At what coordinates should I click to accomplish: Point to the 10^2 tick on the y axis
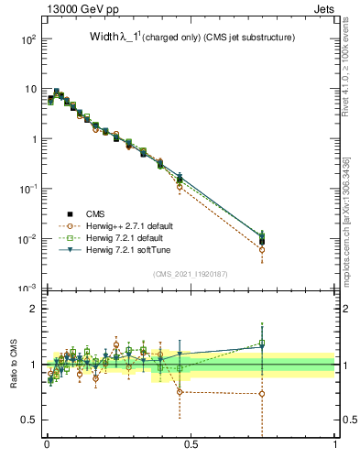click(x=28, y=39)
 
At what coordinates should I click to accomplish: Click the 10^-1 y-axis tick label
click(x=27, y=189)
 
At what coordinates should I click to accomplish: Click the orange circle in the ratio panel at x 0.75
click(x=262, y=394)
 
